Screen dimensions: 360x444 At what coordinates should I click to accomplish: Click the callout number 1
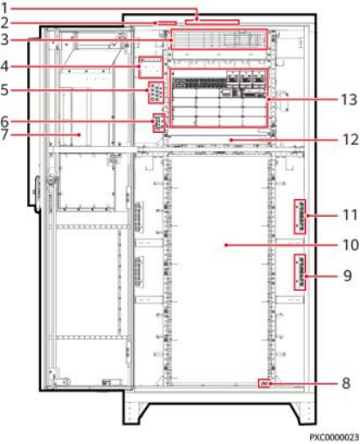4,8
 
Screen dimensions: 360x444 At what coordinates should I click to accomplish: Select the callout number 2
4,23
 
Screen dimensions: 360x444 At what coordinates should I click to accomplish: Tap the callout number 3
4,39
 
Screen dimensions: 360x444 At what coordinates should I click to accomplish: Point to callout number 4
4,66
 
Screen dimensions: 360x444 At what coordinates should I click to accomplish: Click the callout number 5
4,90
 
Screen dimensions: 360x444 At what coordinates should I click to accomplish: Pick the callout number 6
4,121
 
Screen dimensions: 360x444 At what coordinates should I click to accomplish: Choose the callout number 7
4,135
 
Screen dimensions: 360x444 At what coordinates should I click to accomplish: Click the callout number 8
346,383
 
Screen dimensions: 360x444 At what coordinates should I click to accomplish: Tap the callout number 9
347,275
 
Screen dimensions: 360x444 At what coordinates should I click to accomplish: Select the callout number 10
350,245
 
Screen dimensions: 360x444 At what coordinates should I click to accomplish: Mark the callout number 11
350,215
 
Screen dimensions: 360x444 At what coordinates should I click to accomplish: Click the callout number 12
350,140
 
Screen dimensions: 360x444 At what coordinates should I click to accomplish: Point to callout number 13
349,100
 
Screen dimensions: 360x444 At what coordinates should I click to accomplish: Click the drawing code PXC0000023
334,437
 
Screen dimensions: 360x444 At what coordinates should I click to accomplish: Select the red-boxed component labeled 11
300,217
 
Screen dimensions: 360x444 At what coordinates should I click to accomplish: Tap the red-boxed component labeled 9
300,272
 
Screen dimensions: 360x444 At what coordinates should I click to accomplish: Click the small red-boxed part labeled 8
265,384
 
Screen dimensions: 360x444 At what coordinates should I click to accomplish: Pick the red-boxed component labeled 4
150,67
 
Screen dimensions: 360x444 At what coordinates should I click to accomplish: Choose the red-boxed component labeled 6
159,123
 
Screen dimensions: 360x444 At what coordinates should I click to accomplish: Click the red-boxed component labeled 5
156,93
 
